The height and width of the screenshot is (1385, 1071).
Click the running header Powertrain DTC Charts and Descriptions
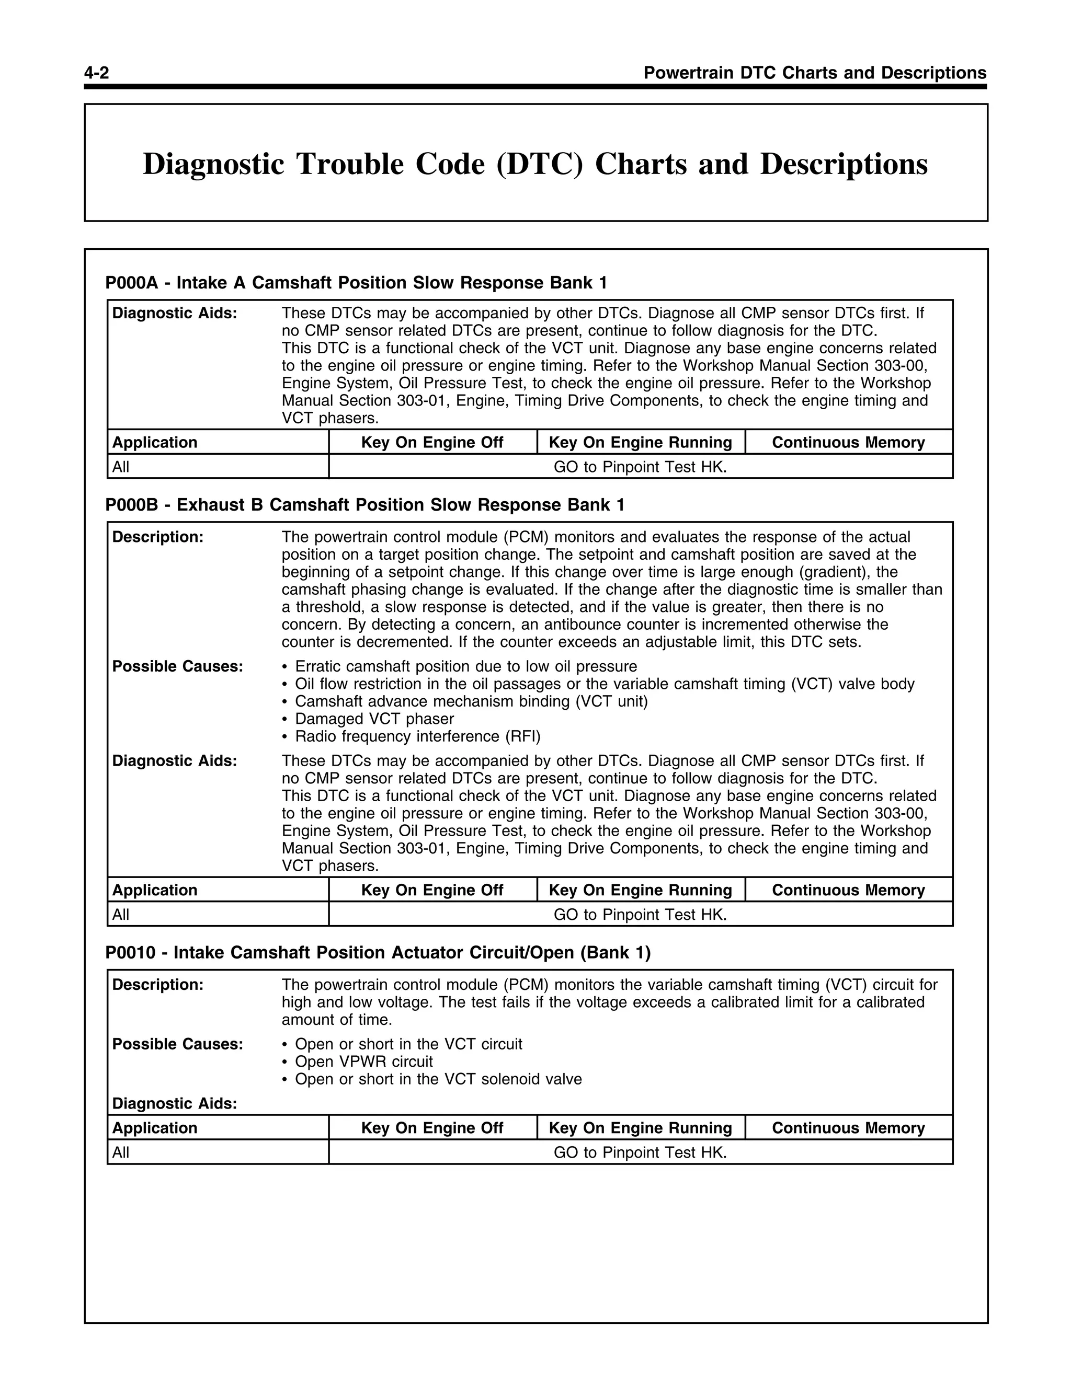815,73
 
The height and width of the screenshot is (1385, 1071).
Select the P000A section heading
356,283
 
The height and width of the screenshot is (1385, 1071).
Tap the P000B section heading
365,505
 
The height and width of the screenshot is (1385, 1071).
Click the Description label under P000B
157,537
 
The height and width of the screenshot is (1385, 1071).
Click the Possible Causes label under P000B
178,666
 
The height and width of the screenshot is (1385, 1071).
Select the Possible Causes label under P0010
178,1044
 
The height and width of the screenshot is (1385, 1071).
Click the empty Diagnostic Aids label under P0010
175,1103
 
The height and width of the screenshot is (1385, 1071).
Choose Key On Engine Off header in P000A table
432,443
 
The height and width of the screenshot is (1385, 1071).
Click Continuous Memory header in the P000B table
848,891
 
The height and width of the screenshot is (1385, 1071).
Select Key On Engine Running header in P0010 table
640,1128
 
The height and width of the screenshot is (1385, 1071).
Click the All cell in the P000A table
121,467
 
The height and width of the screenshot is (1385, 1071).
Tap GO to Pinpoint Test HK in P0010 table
640,1152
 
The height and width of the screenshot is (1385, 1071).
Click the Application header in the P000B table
155,891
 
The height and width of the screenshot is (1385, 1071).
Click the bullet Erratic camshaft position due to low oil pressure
466,666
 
